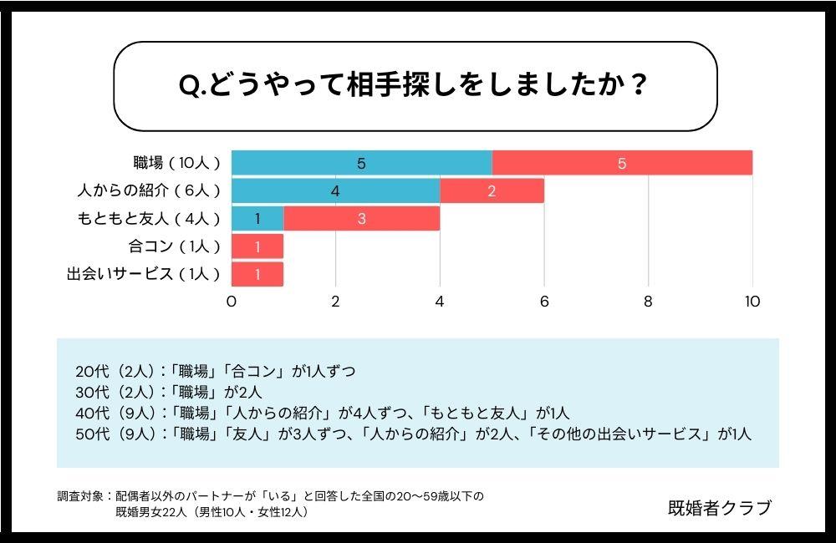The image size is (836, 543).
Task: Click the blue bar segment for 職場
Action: point(361,163)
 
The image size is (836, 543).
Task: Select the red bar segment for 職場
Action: point(622,163)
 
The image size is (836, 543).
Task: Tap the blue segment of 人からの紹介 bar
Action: point(335,190)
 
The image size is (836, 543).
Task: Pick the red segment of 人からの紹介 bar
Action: point(492,190)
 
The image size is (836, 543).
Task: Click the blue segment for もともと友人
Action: point(257,219)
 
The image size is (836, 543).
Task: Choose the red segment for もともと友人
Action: point(361,219)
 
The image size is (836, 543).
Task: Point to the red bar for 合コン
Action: point(257,246)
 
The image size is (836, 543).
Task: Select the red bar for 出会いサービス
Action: point(257,274)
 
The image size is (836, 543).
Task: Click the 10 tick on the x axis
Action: point(752,302)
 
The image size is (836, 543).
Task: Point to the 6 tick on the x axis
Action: point(544,302)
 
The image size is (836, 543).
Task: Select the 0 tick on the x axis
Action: point(232,302)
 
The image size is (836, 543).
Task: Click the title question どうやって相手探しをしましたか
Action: point(415,87)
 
